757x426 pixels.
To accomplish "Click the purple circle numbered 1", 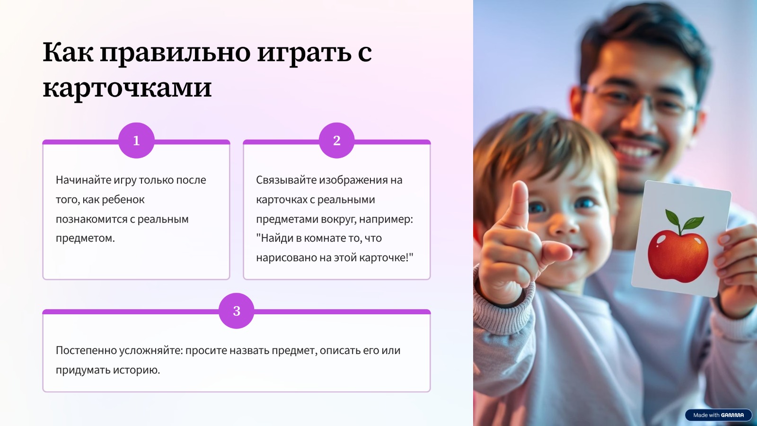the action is coord(136,140).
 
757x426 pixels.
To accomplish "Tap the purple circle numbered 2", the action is coord(336,140).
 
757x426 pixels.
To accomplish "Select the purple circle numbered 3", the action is coord(236,311).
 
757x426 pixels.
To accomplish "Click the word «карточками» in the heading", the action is coord(127,88).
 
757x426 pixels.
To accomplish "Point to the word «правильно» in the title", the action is coord(175,53).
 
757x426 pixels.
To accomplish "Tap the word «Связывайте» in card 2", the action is coord(286,180).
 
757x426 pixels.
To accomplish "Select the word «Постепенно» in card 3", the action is coord(86,350).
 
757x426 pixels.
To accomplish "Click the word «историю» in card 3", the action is coord(136,370).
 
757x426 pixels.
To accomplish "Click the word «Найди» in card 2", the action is coord(275,238).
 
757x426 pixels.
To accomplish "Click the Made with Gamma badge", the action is coord(718,415).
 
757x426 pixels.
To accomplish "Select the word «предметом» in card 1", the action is coord(85,238).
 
